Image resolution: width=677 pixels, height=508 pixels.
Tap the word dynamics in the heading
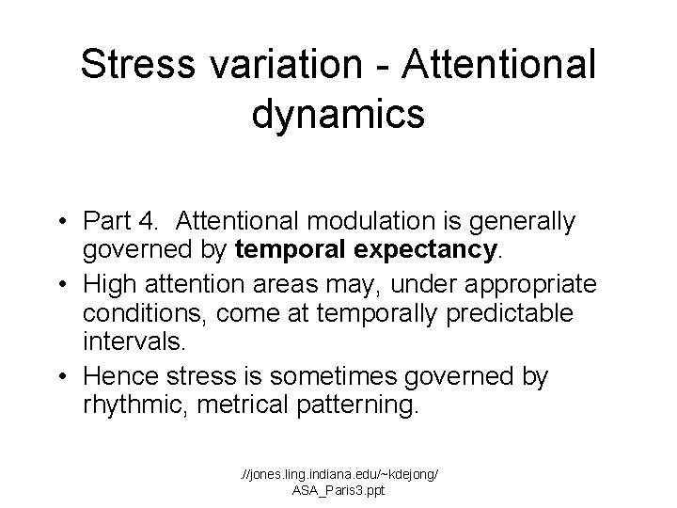pos(338,114)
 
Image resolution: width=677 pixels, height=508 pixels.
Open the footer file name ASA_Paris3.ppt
pos(338,490)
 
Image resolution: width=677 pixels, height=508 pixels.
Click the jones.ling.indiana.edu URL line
pos(338,473)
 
